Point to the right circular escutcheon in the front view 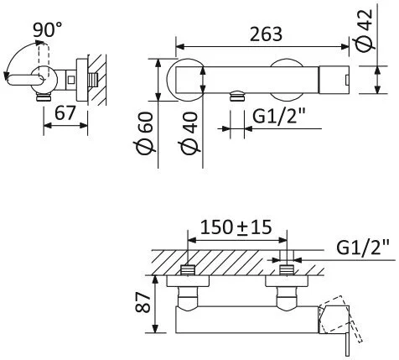point(288,81)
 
